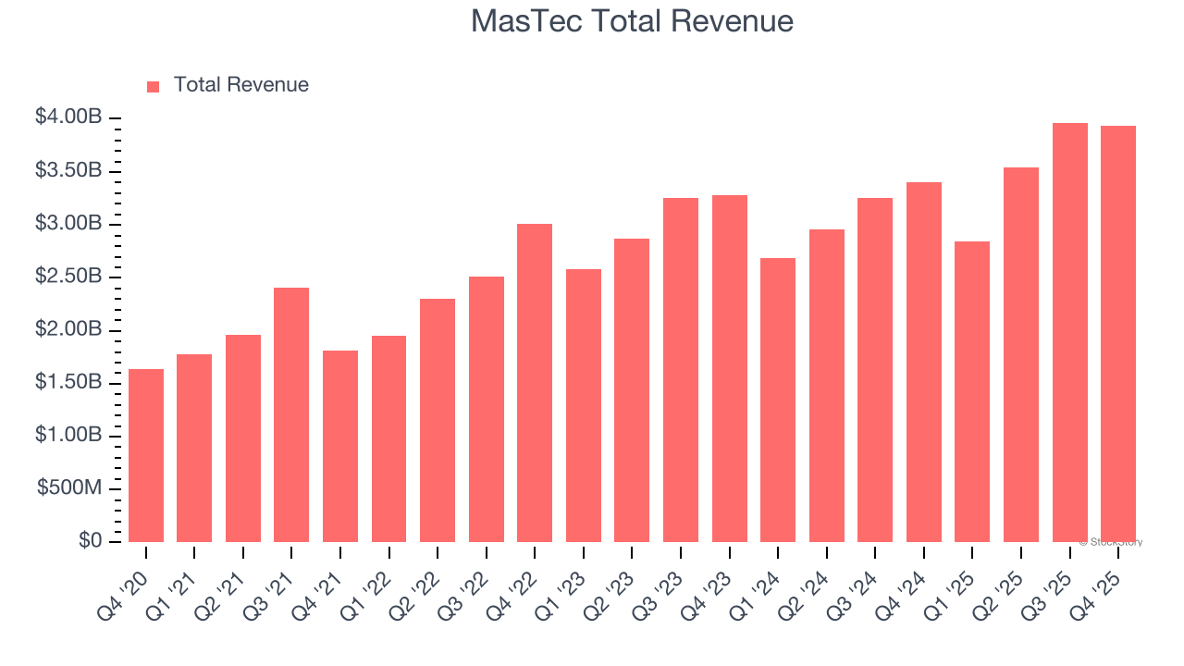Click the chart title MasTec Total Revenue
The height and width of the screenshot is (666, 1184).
click(x=632, y=21)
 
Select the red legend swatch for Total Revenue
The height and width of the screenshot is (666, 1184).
click(x=154, y=86)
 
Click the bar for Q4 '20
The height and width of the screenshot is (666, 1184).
click(x=146, y=455)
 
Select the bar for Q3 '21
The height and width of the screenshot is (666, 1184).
click(x=291, y=414)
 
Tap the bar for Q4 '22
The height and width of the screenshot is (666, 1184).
click(x=535, y=383)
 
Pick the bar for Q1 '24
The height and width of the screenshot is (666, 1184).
click(x=778, y=400)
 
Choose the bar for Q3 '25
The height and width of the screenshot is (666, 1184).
click(x=1069, y=332)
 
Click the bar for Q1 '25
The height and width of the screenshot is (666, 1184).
click(x=972, y=391)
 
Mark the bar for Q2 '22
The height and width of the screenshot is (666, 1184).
click(x=438, y=420)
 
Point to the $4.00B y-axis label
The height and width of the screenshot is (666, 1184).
click(x=68, y=117)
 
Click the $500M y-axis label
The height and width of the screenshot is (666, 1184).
click(x=69, y=488)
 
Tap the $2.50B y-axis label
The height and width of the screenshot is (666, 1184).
click(x=68, y=277)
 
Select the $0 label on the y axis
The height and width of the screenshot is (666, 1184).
click(x=90, y=541)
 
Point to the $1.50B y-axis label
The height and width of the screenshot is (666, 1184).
click(x=68, y=382)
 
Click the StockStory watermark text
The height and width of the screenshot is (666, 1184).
click(x=1111, y=542)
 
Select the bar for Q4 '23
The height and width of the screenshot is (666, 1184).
click(x=729, y=368)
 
